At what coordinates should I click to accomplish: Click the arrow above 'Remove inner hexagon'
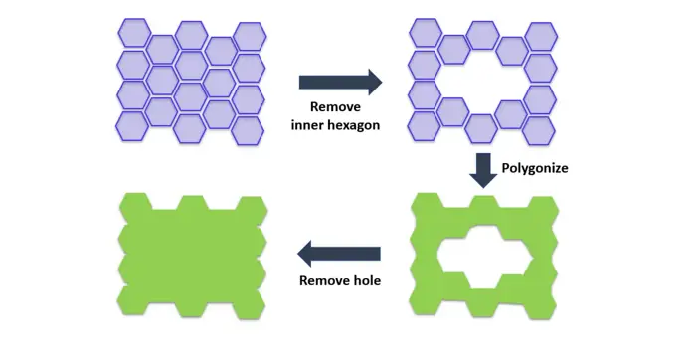340,83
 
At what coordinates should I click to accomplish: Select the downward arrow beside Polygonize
483,170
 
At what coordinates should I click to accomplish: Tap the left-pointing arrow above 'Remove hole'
339,254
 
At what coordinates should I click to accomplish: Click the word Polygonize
535,168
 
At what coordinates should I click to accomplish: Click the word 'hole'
367,280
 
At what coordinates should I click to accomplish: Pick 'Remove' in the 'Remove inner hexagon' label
335,107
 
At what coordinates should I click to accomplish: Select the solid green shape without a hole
192,256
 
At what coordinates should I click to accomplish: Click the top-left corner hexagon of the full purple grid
134,33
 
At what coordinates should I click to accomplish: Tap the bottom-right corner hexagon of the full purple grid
249,131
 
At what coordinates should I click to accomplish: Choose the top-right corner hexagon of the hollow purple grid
541,36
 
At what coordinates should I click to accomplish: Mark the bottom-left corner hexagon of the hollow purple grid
424,126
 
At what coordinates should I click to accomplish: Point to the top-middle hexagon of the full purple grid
191,35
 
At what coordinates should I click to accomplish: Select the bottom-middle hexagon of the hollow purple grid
482,128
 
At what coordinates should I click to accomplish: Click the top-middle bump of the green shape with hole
484,202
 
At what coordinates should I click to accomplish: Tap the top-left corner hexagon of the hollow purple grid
426,33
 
